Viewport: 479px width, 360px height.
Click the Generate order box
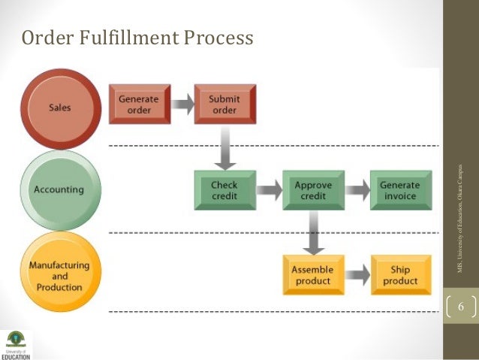[x=140, y=104]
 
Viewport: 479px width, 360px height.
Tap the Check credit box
[x=224, y=190]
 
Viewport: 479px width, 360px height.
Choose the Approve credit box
[x=313, y=190]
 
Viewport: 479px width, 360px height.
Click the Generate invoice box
[x=399, y=190]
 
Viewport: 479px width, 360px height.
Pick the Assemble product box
[x=313, y=275]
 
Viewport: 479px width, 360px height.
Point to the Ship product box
[x=400, y=275]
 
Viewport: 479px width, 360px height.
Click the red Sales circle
[x=60, y=107]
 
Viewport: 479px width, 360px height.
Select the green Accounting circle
[x=60, y=190]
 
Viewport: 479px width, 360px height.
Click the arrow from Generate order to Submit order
[x=182, y=104]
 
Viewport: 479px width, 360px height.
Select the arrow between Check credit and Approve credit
[x=270, y=190]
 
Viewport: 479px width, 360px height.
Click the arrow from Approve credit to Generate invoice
[x=357, y=190]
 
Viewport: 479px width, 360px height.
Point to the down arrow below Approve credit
[x=313, y=234]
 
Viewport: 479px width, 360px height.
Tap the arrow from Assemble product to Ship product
[x=357, y=275]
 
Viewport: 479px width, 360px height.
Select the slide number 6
[x=461, y=307]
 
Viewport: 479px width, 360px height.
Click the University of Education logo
[x=16, y=342]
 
